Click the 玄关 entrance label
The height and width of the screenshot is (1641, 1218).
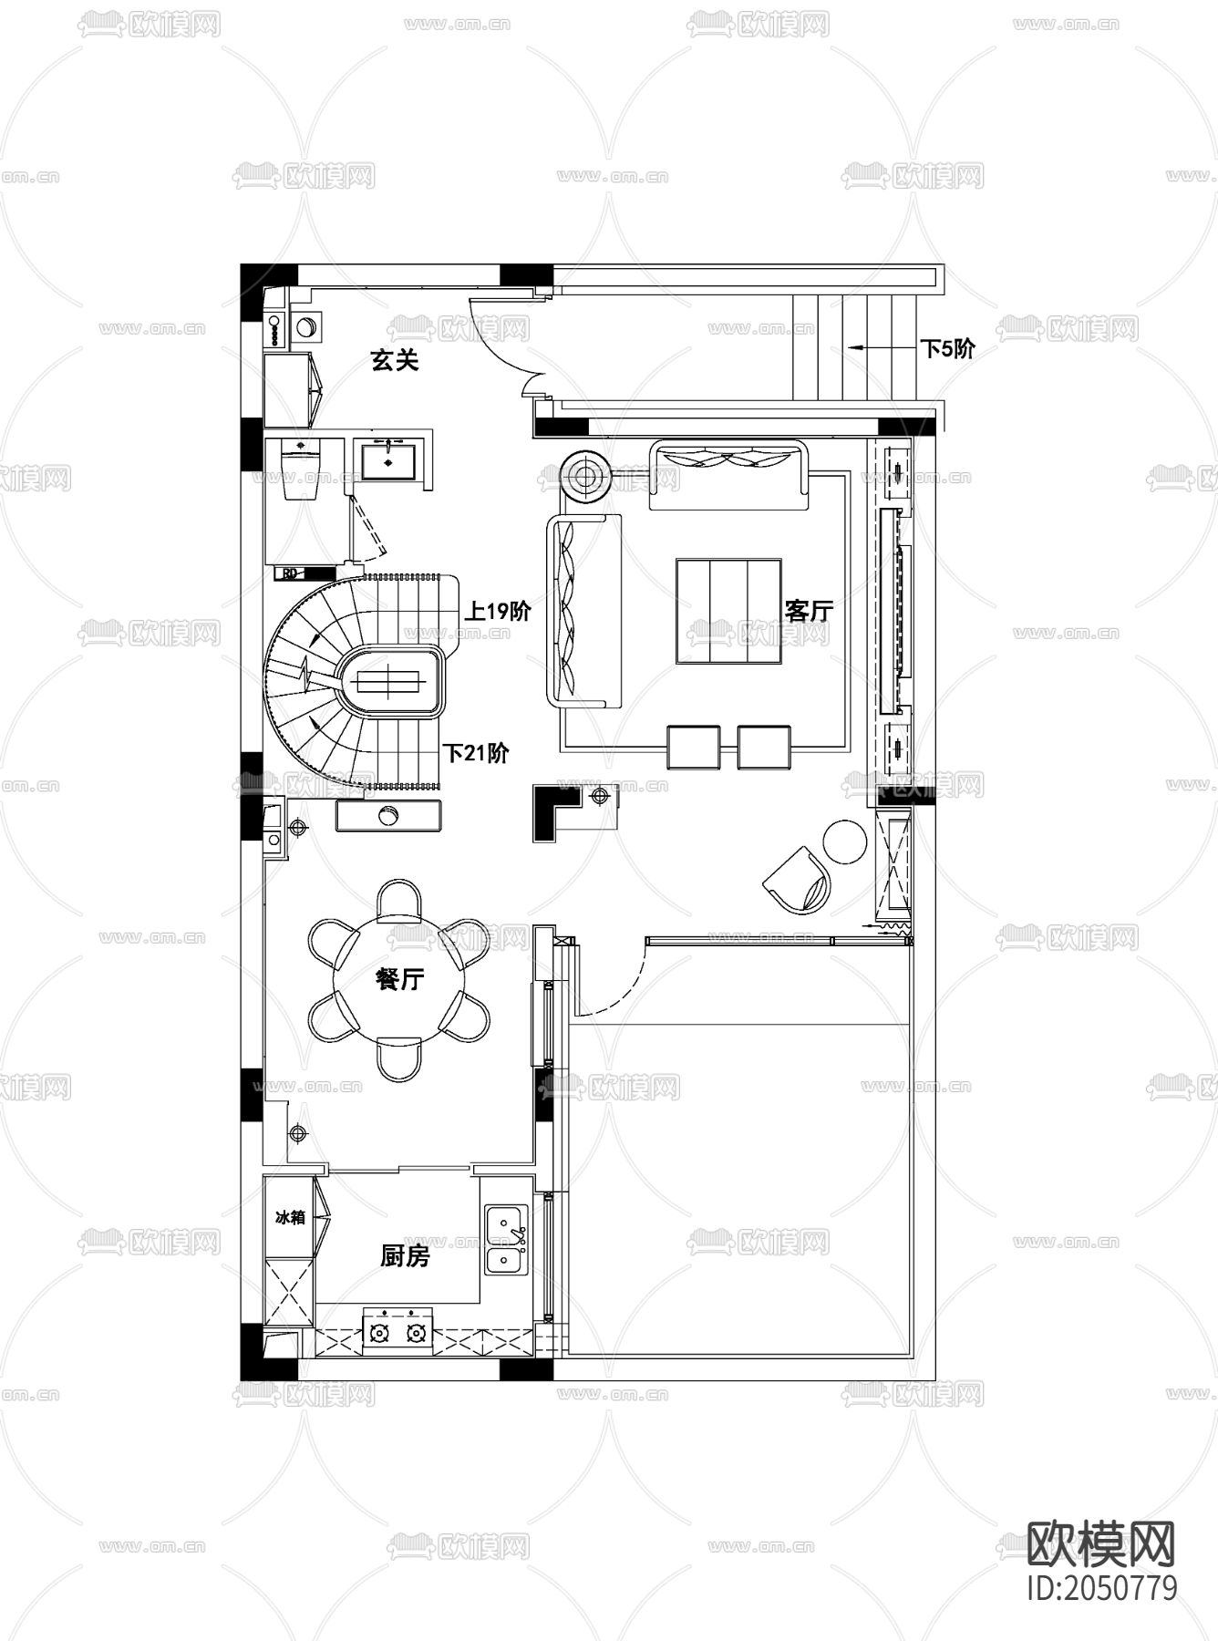click(x=394, y=360)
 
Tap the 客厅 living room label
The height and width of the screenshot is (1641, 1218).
click(x=809, y=610)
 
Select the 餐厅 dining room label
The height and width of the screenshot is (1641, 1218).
click(x=399, y=979)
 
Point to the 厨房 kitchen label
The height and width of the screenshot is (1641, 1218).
click(x=405, y=1256)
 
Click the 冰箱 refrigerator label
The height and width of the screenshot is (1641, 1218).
click(x=290, y=1216)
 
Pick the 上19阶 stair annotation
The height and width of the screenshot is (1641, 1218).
click(x=498, y=611)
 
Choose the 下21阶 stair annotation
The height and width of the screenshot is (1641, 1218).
click(x=476, y=753)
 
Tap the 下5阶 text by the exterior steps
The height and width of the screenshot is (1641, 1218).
click(x=947, y=348)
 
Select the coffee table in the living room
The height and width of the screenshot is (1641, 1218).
click(x=728, y=611)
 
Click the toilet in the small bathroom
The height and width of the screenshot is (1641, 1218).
click(x=301, y=469)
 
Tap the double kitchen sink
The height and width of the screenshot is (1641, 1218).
click(x=506, y=1239)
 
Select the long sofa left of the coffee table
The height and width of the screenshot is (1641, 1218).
click(x=583, y=610)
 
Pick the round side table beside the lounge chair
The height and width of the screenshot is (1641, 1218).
click(x=845, y=841)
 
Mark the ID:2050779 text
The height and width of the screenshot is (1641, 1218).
click(x=1101, y=1587)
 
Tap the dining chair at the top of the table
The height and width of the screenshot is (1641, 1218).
click(x=399, y=900)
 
